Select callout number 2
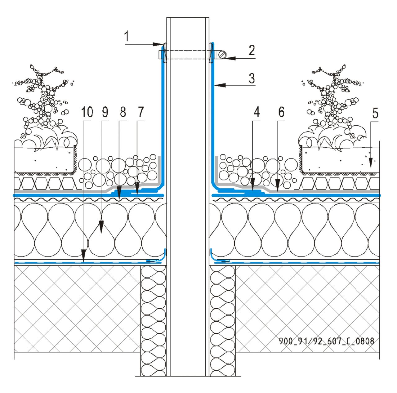pos(251,50)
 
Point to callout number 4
pos(256,112)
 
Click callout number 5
pos(375,114)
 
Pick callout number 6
pos(281,112)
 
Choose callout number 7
pos(141,112)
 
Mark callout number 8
pos(123,112)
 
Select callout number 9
pos(105,112)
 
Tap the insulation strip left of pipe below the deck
pos(153,319)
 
